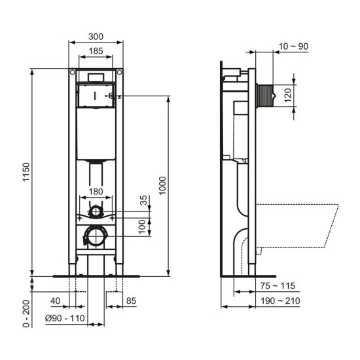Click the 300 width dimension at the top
(x=96, y=37)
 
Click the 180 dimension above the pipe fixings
(x=96, y=190)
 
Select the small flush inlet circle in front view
(x=96, y=211)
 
